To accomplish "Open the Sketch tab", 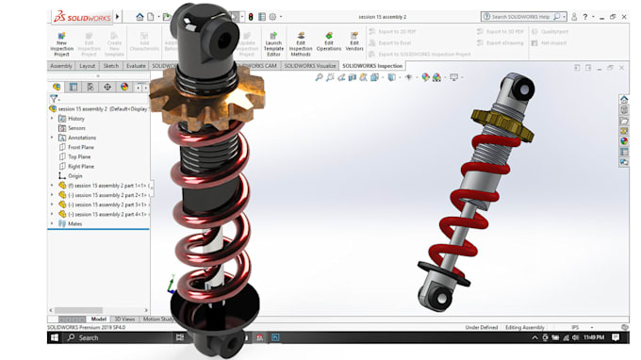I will (x=110, y=66).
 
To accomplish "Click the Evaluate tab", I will (x=136, y=66).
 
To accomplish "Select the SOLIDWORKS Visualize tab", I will (x=312, y=66).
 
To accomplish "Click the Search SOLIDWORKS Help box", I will (x=523, y=16).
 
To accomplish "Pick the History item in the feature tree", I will (x=76, y=118).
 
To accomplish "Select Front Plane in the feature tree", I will (x=81, y=147).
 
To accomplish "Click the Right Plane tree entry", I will (x=81, y=166).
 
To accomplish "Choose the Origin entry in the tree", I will (x=75, y=175).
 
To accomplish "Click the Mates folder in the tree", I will (x=74, y=223).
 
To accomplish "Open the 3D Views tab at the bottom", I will (x=124, y=319).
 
